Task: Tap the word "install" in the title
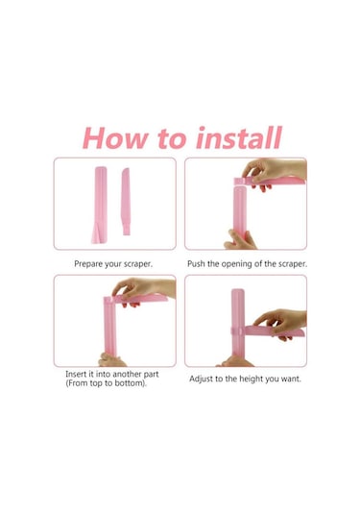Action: [239, 137]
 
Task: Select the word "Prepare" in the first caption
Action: [88, 264]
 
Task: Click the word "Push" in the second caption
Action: [196, 264]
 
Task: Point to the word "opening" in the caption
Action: [236, 264]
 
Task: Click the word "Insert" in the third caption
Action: [76, 374]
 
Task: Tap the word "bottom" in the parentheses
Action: [130, 383]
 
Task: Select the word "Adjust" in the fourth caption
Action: [201, 379]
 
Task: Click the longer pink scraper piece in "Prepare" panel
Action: [101, 204]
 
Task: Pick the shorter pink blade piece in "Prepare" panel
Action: [126, 201]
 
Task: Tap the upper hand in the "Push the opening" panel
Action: [274, 172]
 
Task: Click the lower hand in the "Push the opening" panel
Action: [240, 240]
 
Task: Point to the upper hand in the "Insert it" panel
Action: [143, 291]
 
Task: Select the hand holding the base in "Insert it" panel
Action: [111, 360]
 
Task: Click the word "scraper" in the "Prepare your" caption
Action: [137, 264]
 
